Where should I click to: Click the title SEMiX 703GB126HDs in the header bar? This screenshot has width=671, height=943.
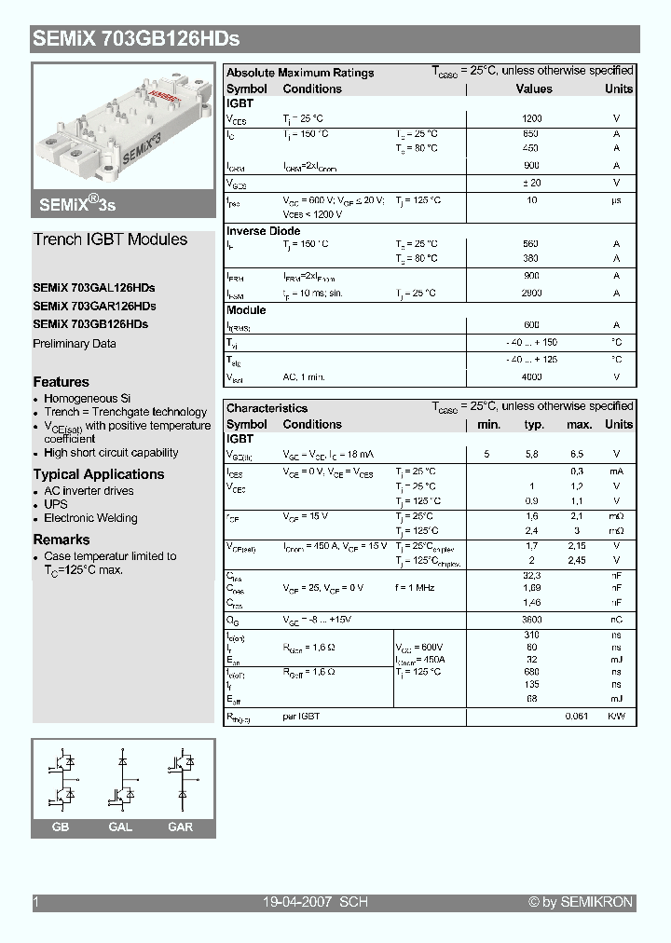[136, 39]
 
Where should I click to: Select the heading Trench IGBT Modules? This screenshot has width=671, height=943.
[110, 239]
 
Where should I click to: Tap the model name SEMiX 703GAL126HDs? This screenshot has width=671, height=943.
[94, 288]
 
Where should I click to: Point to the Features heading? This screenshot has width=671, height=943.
[62, 382]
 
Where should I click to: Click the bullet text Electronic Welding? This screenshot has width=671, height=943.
[90, 518]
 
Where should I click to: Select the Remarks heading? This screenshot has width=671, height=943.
[62, 540]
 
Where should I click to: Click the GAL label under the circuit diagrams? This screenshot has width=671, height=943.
[120, 827]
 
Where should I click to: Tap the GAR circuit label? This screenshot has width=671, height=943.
[180, 827]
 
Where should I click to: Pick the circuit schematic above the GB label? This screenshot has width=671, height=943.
[62, 780]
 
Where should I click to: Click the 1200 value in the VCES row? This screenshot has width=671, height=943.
[531, 119]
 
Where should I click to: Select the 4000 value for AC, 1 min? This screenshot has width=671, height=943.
[531, 377]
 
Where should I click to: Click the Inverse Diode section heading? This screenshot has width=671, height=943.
[264, 231]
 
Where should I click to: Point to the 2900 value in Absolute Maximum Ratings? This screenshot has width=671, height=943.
[531, 293]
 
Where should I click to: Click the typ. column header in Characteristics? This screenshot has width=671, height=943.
[534, 424]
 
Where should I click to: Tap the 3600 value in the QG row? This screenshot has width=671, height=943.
[531, 620]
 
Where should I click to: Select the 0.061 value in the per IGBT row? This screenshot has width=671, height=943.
[577, 717]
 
